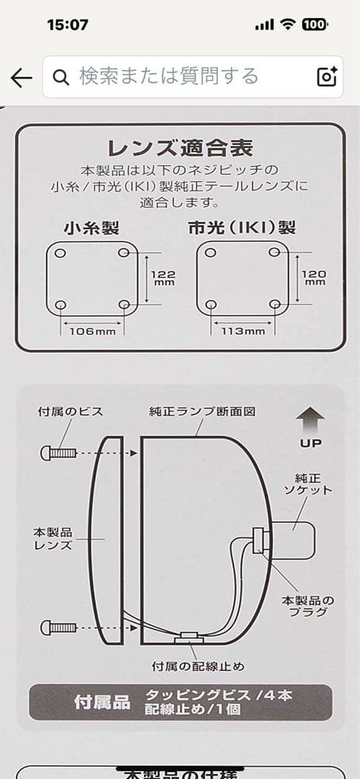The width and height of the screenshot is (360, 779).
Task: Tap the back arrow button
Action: pyautogui.click(x=22, y=77)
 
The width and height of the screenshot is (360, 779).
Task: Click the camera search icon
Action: pyautogui.click(x=327, y=76)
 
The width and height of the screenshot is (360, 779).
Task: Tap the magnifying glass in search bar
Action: pyautogui.click(x=62, y=76)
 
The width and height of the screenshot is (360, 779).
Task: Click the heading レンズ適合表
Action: pyautogui.click(x=180, y=149)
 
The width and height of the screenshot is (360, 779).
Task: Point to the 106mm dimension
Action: pyautogui.click(x=92, y=331)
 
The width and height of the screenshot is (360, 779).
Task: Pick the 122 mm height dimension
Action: pyautogui.click(x=162, y=278)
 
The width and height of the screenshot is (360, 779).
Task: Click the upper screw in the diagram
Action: pyautogui.click(x=59, y=454)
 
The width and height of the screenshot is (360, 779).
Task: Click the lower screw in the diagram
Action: pyautogui.click(x=59, y=626)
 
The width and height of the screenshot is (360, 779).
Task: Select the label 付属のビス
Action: pyautogui.click(x=70, y=412)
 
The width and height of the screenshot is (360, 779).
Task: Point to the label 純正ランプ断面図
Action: pyautogui.click(x=203, y=412)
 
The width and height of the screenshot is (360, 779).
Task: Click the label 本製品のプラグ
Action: pyautogui.click(x=307, y=605)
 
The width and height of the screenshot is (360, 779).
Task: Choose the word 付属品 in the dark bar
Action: pyautogui.click(x=102, y=702)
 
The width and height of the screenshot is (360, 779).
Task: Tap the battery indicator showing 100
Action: pyautogui.click(x=314, y=25)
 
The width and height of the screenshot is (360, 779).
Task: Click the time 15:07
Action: pyautogui.click(x=67, y=25)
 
